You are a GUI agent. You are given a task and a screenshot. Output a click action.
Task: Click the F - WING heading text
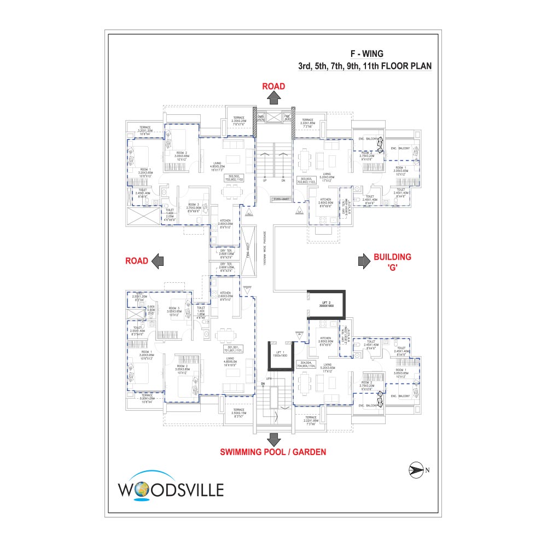[x=367, y=54]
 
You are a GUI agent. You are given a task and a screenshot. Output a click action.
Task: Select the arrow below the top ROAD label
[x=274, y=97]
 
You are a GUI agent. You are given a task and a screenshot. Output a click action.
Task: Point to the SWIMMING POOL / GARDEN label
[x=273, y=452]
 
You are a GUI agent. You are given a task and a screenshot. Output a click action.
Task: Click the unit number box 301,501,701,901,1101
[x=232, y=349]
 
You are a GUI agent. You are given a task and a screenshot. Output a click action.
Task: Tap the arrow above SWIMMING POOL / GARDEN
[x=274, y=439]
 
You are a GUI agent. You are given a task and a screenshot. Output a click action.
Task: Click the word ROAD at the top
[x=273, y=86]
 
